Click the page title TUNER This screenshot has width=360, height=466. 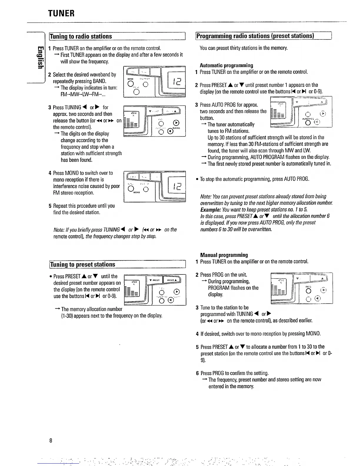(x=61, y=13)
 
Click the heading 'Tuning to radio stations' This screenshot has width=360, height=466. (x=81, y=36)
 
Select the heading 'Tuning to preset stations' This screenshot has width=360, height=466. (x=83, y=264)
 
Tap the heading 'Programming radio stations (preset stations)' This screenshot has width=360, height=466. (x=255, y=36)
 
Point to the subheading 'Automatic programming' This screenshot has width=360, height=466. (x=226, y=65)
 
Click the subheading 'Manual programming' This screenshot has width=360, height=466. (x=224, y=255)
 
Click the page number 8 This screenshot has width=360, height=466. (x=51, y=440)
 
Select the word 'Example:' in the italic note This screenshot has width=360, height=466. (x=211, y=209)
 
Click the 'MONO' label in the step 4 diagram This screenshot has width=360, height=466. (x=136, y=193)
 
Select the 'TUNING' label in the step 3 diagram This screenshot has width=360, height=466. (x=176, y=128)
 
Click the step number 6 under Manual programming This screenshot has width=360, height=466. (x=197, y=373)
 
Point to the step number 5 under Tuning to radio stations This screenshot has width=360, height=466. (x=50, y=206)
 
